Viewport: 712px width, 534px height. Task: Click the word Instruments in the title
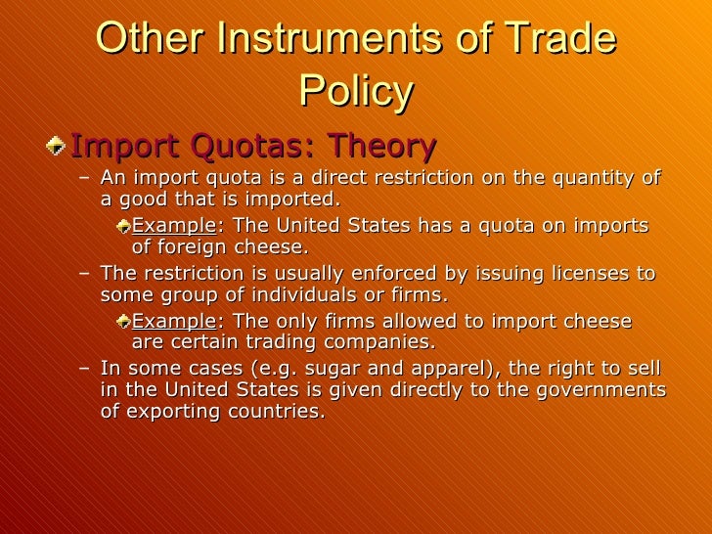coord(323,40)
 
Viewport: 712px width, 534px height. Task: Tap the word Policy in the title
coord(356,92)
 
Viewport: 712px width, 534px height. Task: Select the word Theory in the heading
coord(382,147)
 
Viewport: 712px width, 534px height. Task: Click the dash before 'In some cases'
coord(83,368)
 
